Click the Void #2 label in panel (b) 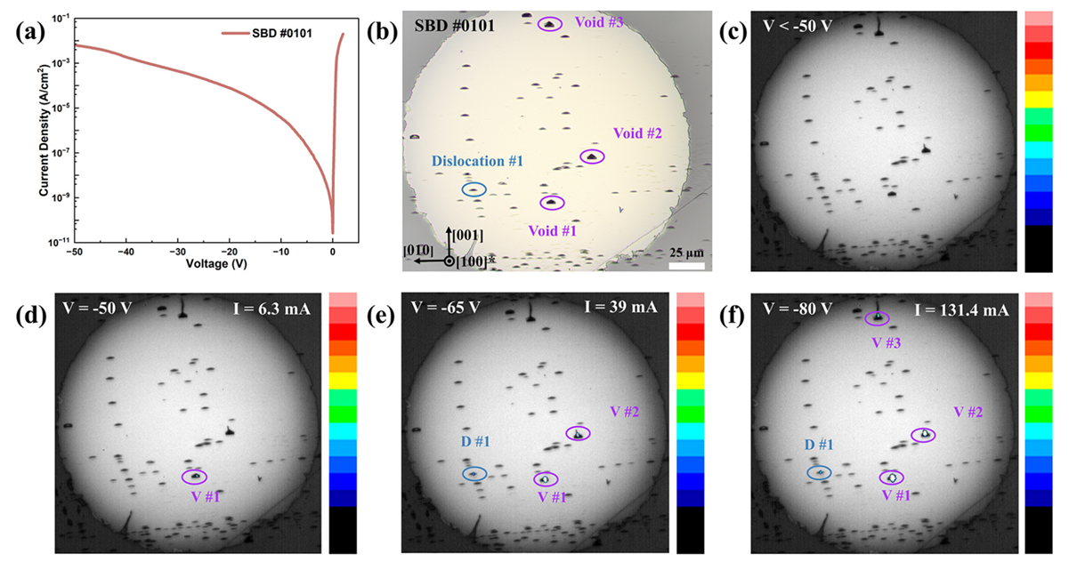click(x=637, y=133)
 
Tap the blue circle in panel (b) click(x=474, y=189)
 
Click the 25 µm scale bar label click(x=686, y=253)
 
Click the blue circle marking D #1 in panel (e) click(x=474, y=473)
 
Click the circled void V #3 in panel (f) click(x=877, y=317)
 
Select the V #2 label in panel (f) click(x=968, y=412)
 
